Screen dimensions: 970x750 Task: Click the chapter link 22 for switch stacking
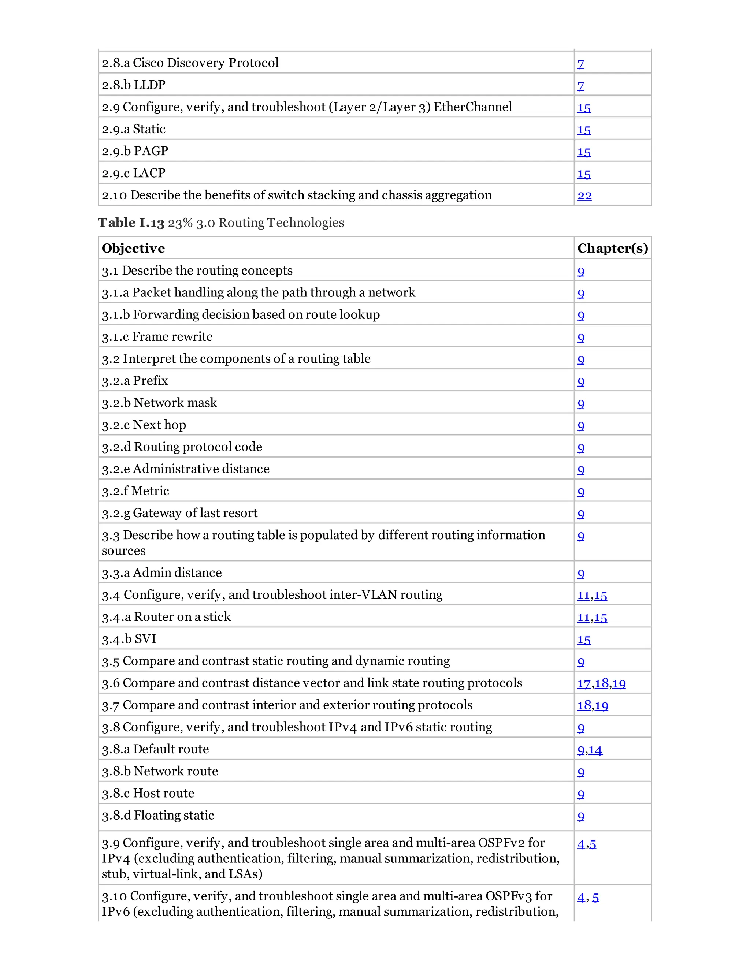[x=584, y=196]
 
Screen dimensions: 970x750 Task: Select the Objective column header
[x=133, y=248]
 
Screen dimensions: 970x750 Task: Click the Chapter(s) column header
[x=612, y=248]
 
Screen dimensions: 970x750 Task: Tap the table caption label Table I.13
[x=131, y=223]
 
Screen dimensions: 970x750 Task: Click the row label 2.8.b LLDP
[x=133, y=85]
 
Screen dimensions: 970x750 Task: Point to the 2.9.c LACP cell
[x=133, y=173]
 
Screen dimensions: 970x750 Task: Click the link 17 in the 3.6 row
[x=583, y=683]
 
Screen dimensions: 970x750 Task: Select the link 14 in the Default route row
[x=595, y=750]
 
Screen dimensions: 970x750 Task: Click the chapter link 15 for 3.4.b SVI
[x=583, y=640]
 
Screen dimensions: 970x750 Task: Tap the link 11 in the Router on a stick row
[x=583, y=618]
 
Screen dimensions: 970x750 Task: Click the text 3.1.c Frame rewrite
[x=157, y=337]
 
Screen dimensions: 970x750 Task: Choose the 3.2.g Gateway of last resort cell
[x=179, y=513]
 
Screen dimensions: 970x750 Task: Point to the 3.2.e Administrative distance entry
[x=185, y=469]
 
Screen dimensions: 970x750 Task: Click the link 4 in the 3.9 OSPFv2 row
[x=581, y=844]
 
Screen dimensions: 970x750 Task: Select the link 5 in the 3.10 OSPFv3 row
[x=595, y=897]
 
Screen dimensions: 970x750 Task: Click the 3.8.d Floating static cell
[x=158, y=816]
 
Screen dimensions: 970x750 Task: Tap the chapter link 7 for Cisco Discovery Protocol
[x=580, y=64]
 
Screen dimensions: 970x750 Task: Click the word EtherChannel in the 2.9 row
[x=472, y=107]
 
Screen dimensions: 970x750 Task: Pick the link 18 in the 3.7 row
[x=584, y=706]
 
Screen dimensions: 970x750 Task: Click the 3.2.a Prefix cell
[x=135, y=381]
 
